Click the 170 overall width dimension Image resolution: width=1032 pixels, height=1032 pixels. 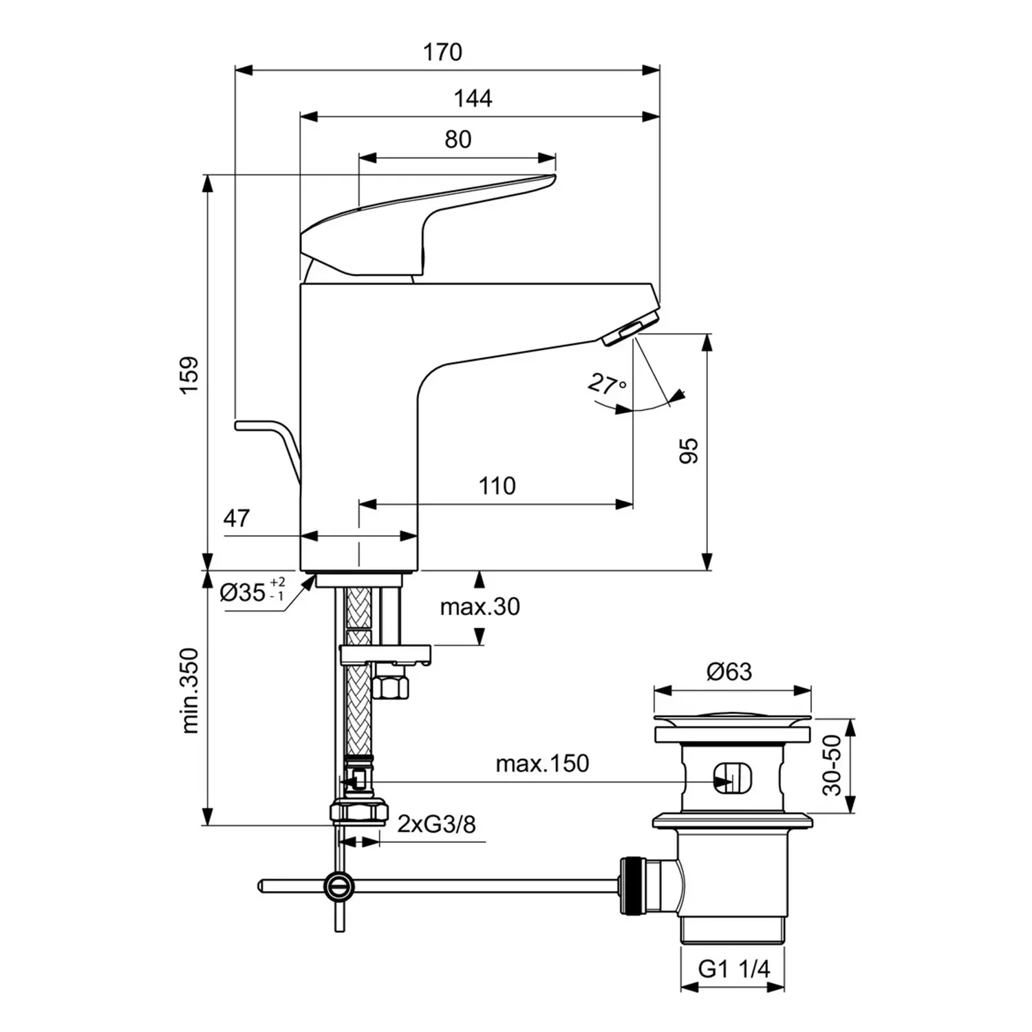pos(442,52)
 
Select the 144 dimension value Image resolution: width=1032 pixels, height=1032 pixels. pos(473,99)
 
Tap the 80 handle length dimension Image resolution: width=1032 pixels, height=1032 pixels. pos(458,140)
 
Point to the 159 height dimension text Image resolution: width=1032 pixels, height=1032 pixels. pos(189,375)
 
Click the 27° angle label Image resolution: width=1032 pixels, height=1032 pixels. pos(606,385)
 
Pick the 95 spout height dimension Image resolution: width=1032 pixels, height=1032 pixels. pos(689,451)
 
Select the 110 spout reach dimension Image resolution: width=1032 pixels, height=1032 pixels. pos(497,486)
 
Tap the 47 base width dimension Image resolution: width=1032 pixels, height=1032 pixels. pos(236,518)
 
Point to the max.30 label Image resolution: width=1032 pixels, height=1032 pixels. pos(480,607)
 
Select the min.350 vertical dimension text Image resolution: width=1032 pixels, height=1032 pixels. pos(190,691)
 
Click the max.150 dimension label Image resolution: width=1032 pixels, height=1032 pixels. pos(542,764)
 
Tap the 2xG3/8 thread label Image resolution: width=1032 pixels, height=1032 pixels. pos(436,824)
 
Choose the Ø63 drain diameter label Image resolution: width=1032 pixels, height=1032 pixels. pos(729,671)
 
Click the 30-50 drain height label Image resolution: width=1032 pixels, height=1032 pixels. pos(832,765)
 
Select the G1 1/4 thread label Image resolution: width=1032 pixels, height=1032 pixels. pos(733,969)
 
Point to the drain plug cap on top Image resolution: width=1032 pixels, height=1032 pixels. pos(732,719)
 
